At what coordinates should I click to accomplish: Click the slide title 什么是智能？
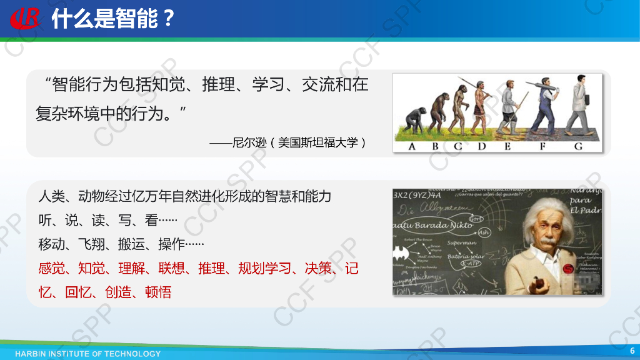pos(112,19)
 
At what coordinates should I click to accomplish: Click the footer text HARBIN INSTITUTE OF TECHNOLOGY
pos(87,354)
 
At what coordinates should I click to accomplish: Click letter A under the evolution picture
pos(411,146)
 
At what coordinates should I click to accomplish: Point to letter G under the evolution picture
pos(578,146)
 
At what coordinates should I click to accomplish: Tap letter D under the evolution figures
pos(482,146)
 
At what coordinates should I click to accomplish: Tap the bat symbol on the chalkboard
pos(400,254)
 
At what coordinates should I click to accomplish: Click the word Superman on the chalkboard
pos(461,242)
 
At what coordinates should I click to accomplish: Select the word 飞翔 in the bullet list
pos(91,244)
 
